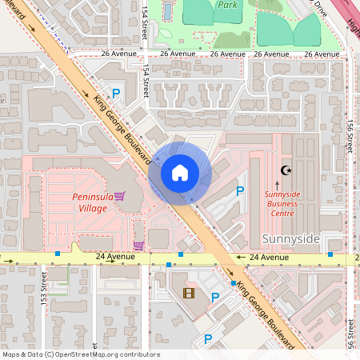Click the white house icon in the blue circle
point(180,172)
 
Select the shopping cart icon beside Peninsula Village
point(119,195)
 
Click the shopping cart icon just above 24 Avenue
point(138,245)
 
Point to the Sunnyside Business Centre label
point(280,203)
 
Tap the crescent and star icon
point(285,170)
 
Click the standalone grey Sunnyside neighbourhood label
point(290,239)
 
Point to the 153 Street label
point(45,286)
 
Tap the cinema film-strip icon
point(188,293)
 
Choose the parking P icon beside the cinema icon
point(214,298)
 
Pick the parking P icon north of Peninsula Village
point(115,94)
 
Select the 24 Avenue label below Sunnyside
point(269,258)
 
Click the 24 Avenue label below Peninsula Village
point(115,258)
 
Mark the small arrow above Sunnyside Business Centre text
point(278,184)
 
